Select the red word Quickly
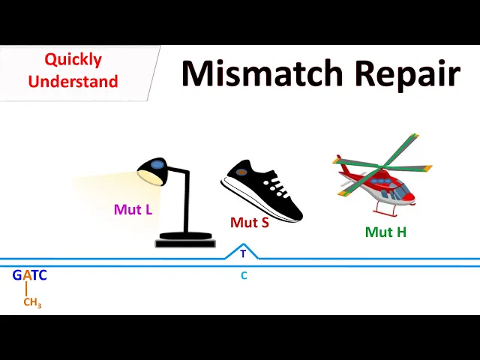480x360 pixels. pyautogui.click(x=73, y=60)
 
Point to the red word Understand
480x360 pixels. pyautogui.click(x=73, y=81)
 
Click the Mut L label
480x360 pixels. pyautogui.click(x=133, y=209)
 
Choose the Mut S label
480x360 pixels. pyautogui.click(x=250, y=222)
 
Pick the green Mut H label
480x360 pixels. pyautogui.click(x=385, y=232)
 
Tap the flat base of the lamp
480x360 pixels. pyautogui.click(x=184, y=241)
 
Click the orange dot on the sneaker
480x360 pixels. pyautogui.click(x=242, y=172)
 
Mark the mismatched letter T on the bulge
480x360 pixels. pyautogui.click(x=243, y=254)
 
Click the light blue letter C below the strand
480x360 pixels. pyautogui.click(x=244, y=275)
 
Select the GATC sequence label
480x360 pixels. pyautogui.click(x=30, y=275)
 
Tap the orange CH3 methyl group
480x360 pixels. pyautogui.click(x=32, y=303)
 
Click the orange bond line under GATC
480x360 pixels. pyautogui.click(x=26, y=289)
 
